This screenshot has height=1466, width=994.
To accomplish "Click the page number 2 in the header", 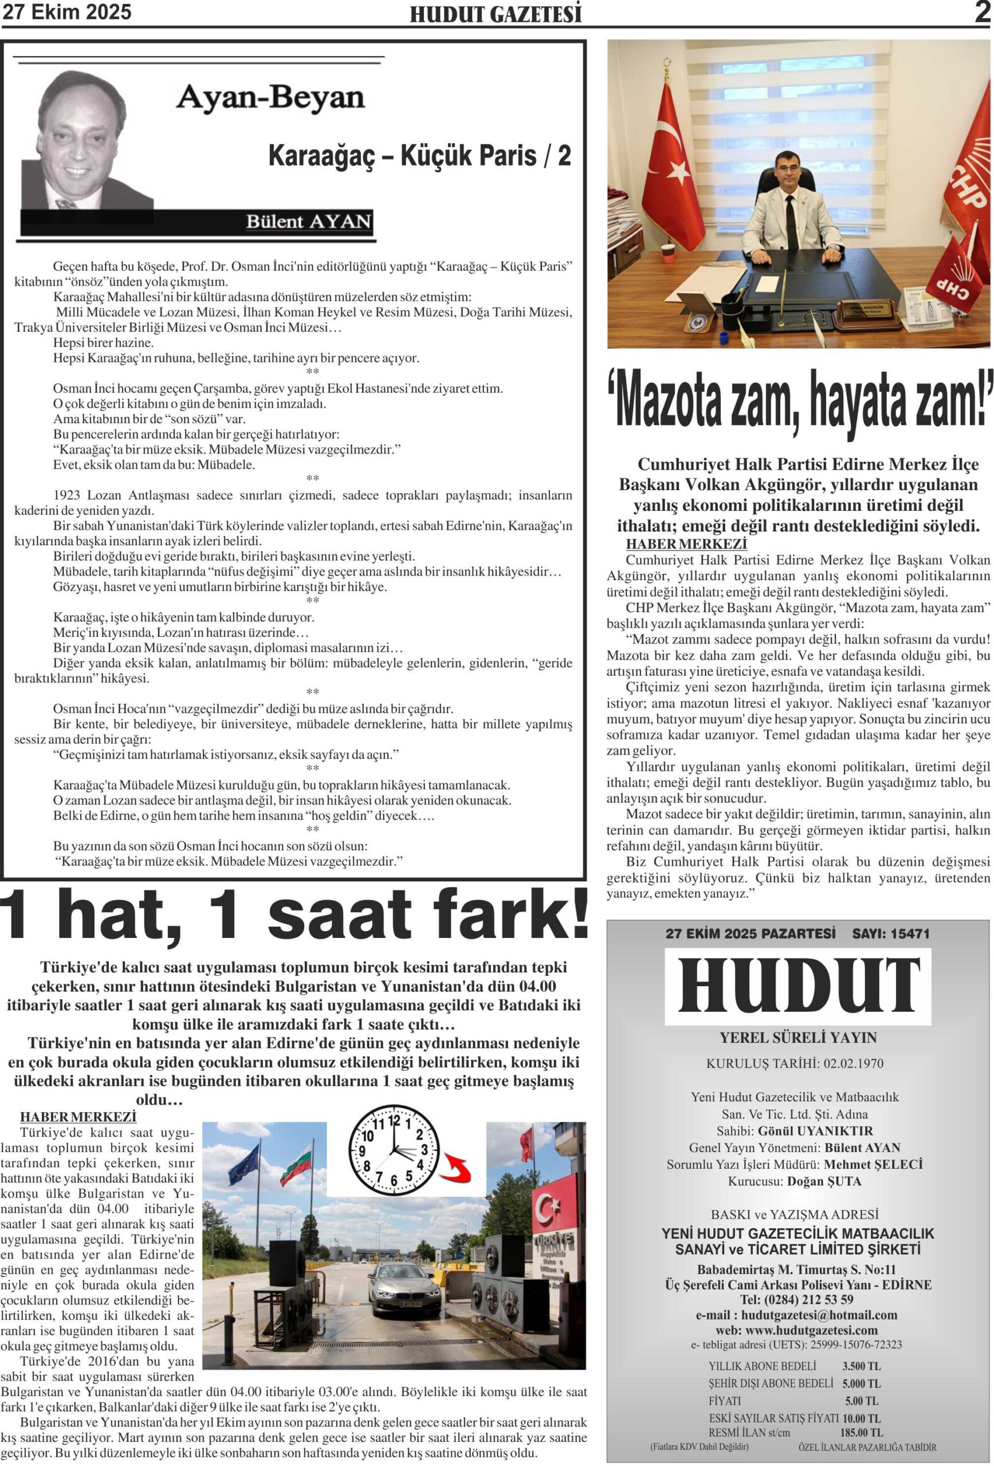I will click(x=982, y=12).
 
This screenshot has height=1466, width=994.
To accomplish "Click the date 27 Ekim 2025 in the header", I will click(x=67, y=12).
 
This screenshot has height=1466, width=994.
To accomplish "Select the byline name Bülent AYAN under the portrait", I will click(x=309, y=222).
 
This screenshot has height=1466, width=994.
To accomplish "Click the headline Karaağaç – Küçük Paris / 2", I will click(x=420, y=156).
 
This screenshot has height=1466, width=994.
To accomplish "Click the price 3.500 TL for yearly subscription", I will click(x=861, y=1366).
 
